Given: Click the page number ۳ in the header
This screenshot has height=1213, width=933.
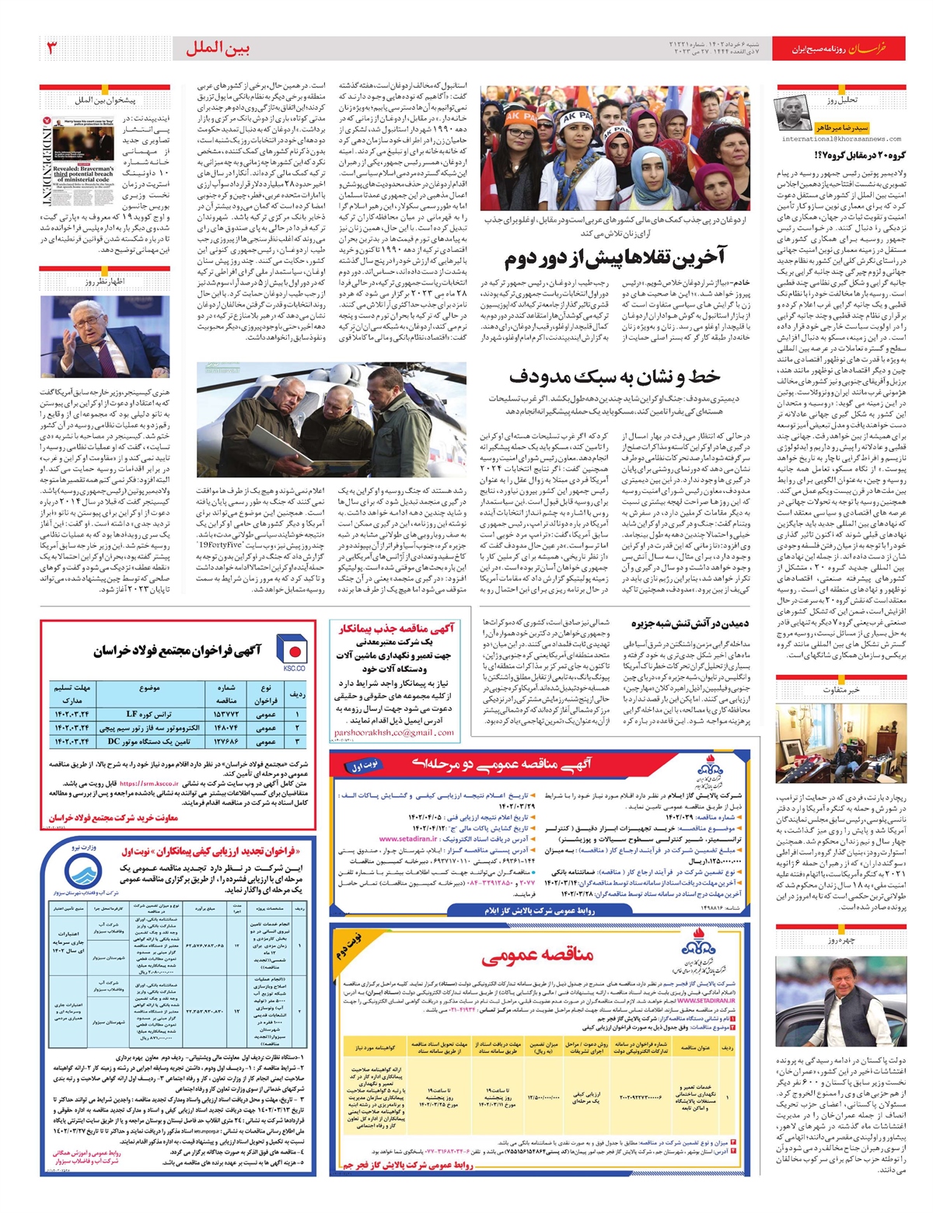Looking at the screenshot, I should coord(52,48).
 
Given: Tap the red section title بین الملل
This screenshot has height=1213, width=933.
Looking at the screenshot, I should coord(218,48).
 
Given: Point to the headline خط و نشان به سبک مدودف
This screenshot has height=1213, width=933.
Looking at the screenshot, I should coord(614,376).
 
